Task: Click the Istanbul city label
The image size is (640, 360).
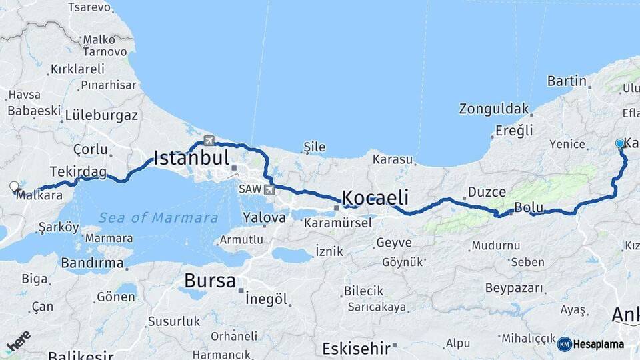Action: (x=191, y=159)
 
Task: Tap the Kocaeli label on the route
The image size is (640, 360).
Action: (x=375, y=197)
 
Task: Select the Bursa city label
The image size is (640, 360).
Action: (x=210, y=281)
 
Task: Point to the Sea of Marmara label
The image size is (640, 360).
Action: (x=158, y=217)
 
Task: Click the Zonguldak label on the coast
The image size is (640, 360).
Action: (x=493, y=108)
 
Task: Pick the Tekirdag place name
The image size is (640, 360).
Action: (x=78, y=172)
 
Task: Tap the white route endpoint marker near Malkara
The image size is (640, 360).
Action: (x=15, y=187)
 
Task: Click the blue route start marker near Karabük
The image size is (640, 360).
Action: (x=620, y=143)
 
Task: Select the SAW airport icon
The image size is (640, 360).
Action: (x=269, y=190)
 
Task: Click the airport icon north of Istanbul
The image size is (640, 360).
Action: (x=209, y=141)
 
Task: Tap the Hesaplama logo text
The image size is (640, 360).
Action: (x=598, y=344)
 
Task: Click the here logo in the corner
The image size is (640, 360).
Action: (x=18, y=341)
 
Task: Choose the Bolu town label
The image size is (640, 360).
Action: (x=529, y=207)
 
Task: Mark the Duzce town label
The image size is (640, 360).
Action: (x=487, y=192)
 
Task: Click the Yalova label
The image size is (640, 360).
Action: (x=264, y=217)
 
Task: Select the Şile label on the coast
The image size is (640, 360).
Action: (x=315, y=146)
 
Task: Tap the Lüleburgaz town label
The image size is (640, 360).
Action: (x=101, y=115)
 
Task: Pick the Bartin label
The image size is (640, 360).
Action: (x=567, y=81)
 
